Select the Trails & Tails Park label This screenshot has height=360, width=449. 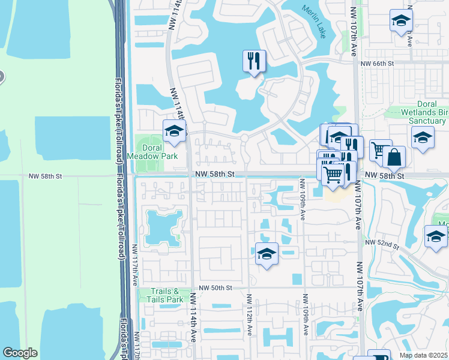pyautogui.click(x=166, y=295)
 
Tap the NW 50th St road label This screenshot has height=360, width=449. pyautogui.click(x=216, y=288)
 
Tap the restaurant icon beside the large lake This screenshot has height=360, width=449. pyautogui.click(x=254, y=60)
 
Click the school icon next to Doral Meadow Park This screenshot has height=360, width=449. pyautogui.click(x=174, y=131)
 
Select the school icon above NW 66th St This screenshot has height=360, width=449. pyautogui.click(x=400, y=20)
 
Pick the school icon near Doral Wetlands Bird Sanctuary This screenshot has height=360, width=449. pyautogui.click(x=423, y=137)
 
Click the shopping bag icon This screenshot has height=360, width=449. pyautogui.click(x=394, y=157)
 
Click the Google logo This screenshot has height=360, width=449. pyautogui.click(x=20, y=353)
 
